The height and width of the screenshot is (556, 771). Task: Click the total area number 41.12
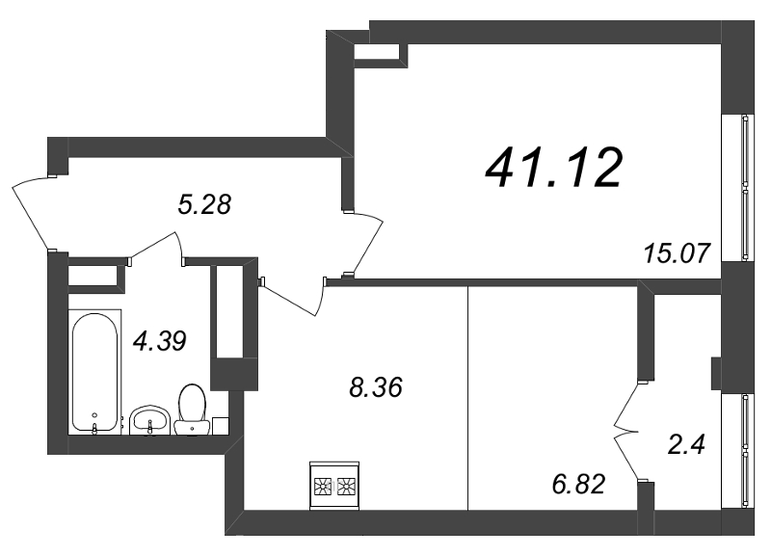[x=554, y=169]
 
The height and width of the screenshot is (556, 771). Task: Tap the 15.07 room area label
[x=677, y=253]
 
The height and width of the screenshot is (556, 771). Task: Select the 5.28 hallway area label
[x=204, y=204]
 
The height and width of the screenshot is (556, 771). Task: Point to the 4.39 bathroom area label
[x=160, y=341]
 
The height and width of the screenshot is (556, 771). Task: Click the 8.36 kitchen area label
[x=376, y=387]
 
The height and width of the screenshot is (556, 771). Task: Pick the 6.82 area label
[x=578, y=484]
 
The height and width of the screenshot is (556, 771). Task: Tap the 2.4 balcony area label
[x=686, y=445]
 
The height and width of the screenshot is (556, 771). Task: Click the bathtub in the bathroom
[x=94, y=372]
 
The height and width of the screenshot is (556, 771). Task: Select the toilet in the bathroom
[x=192, y=410]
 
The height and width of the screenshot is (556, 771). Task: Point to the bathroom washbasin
[x=150, y=420]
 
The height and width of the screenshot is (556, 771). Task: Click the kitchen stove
[x=334, y=486]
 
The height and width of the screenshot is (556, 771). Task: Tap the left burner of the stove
[x=323, y=487]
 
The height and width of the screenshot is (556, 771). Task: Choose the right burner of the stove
[x=347, y=487]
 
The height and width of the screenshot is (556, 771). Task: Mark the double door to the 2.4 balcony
[x=625, y=431]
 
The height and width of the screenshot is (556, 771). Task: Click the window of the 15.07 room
[x=746, y=187]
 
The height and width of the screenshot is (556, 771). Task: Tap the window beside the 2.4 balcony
[x=746, y=450]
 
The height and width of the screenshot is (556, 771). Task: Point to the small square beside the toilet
[x=221, y=426]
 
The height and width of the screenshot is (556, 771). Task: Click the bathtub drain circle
[x=94, y=415]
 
